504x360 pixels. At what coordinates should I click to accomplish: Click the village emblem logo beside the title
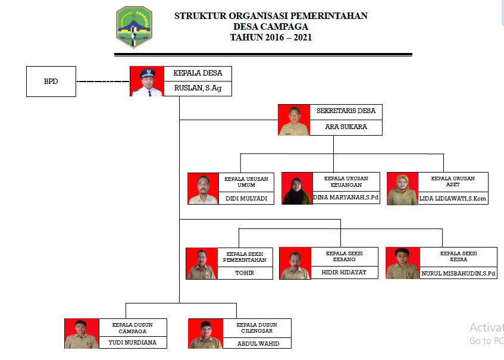[x=134, y=27]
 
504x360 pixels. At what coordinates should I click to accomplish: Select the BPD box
[x=51, y=82]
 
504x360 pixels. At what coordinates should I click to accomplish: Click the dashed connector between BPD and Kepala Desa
[x=103, y=82]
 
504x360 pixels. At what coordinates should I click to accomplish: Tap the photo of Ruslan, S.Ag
[x=146, y=82]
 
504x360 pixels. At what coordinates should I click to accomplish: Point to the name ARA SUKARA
[x=346, y=127]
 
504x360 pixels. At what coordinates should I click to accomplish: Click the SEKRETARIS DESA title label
[x=346, y=111]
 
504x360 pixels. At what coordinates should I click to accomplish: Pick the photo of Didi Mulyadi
[x=203, y=189]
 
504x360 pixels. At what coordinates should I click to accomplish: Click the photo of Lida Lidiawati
[x=402, y=189]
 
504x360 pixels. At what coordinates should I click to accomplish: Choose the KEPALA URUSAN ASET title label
[x=455, y=181]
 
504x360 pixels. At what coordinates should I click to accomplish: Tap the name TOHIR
[x=245, y=273]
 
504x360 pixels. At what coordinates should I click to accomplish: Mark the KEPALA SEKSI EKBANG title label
[x=345, y=256]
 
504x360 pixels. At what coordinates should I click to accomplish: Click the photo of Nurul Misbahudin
[x=403, y=263]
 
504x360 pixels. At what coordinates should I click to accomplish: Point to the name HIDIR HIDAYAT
[x=345, y=272]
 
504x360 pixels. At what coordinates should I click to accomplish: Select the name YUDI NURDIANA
[x=132, y=342]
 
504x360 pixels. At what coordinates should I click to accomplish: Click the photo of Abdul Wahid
[x=205, y=334]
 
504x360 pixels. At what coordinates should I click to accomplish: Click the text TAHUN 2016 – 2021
[x=271, y=37]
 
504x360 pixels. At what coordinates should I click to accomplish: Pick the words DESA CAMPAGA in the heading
[x=271, y=27]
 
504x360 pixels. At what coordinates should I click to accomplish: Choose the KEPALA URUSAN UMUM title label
[x=246, y=181]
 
